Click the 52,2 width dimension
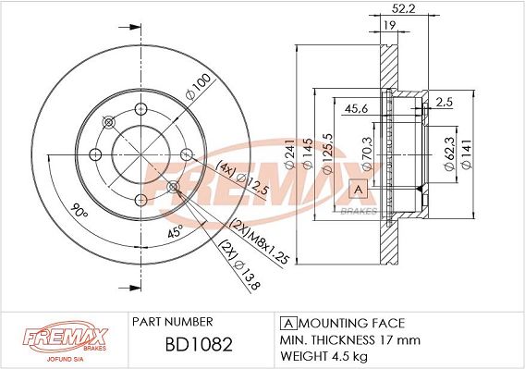click(404, 8)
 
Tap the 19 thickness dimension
click(389, 25)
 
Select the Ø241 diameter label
click(289, 154)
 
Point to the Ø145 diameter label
click(308, 154)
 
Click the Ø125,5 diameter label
click(327, 154)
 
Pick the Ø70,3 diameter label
click(367, 154)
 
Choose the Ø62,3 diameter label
click(449, 154)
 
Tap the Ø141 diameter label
click(467, 154)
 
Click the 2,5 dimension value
click(445, 102)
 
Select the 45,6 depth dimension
click(356, 108)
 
